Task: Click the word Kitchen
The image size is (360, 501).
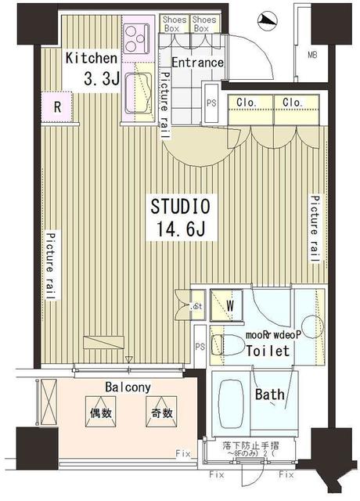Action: [92, 58]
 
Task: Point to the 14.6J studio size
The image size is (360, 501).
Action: [181, 230]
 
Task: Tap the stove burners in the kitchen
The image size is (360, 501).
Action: [138, 36]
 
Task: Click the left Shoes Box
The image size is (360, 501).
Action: [174, 23]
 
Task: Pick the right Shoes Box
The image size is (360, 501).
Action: [203, 23]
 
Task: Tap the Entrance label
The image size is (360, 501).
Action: [197, 63]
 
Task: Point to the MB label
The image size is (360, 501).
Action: [311, 54]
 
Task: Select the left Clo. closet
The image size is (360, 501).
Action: [241, 102]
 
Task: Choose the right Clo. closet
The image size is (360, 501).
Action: [293, 102]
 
